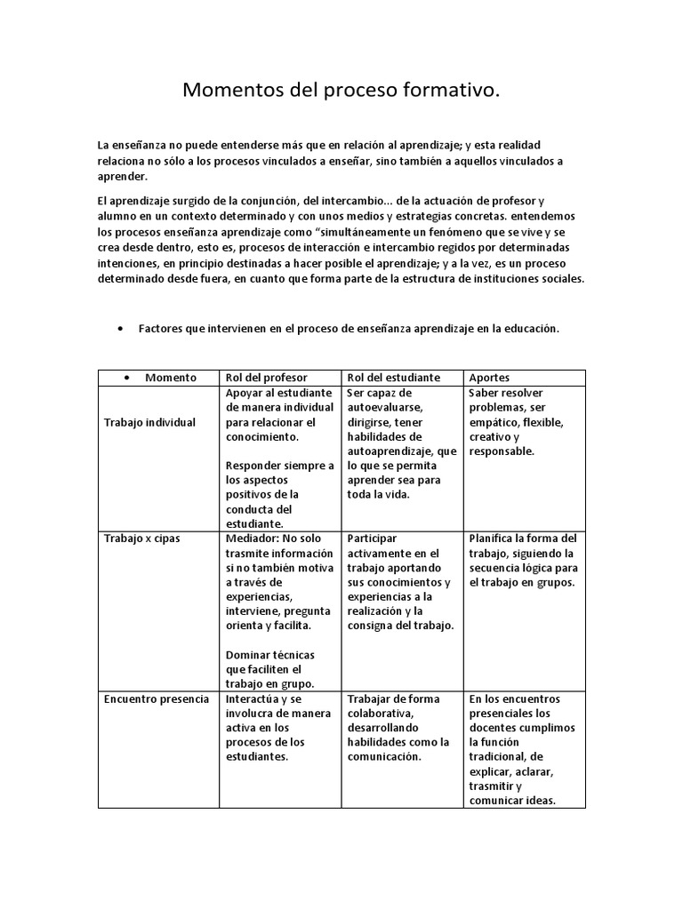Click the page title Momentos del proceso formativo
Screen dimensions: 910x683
click(x=341, y=91)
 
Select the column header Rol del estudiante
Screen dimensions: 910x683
click(x=394, y=377)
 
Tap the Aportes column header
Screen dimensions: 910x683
click(x=489, y=377)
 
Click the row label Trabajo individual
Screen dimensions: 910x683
click(x=149, y=422)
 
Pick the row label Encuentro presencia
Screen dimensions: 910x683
click(x=157, y=698)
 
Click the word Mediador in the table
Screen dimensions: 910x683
click(x=253, y=539)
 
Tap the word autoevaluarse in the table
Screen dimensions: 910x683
click(x=385, y=407)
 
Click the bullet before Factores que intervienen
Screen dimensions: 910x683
click(x=120, y=328)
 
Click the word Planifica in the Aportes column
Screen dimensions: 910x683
click(x=492, y=539)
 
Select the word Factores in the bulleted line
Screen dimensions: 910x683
click(x=161, y=328)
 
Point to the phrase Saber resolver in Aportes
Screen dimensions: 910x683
click(x=505, y=393)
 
